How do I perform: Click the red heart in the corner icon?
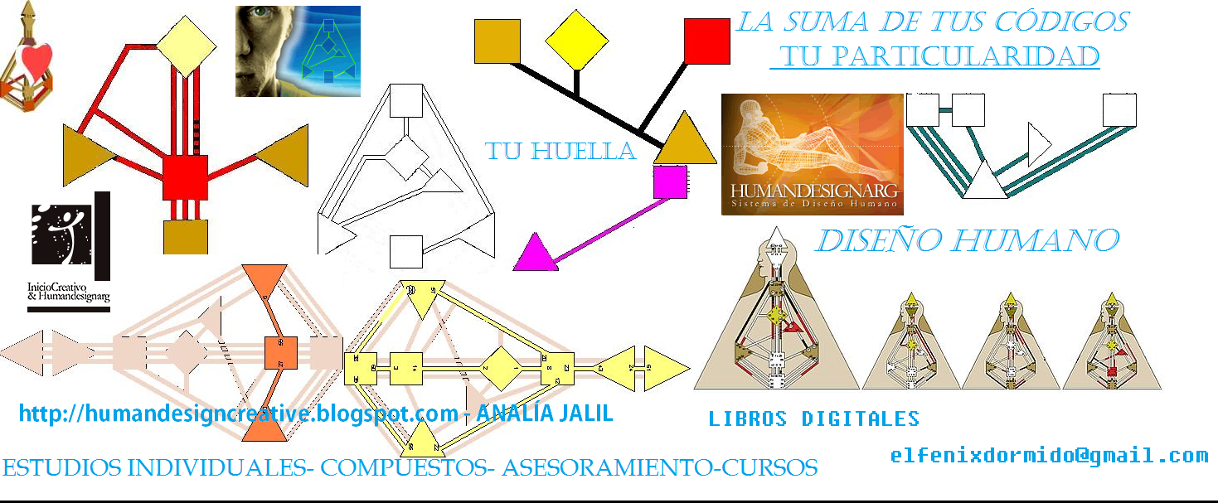coord(37,58)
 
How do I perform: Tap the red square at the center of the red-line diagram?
coord(184,177)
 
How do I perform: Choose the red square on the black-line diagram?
coord(706,41)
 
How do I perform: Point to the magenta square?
coord(669,182)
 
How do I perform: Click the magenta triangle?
coord(533,254)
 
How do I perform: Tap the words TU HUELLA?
coord(560,151)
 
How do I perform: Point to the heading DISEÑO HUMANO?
coord(968,240)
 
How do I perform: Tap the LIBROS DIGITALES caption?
coord(813,418)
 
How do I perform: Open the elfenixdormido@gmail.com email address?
coord(1049,455)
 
